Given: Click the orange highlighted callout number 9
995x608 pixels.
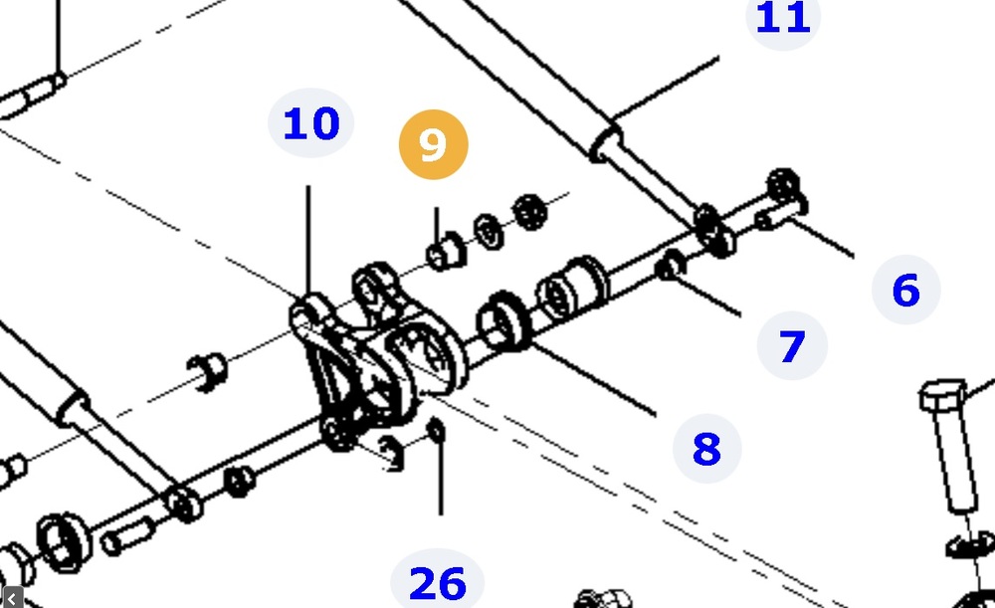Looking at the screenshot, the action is [434, 144].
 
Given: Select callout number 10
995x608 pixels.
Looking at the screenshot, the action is [310, 123].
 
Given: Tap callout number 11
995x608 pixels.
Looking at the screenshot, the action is [783, 17].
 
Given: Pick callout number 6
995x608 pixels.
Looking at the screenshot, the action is [906, 290].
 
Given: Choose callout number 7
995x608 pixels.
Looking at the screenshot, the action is [792, 346].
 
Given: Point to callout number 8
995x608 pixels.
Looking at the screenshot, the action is [706, 449].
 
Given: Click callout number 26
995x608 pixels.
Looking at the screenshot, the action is [437, 583].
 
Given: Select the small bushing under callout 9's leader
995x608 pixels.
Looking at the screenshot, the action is [446, 252].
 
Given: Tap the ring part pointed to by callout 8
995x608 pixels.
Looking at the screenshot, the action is [503, 321].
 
